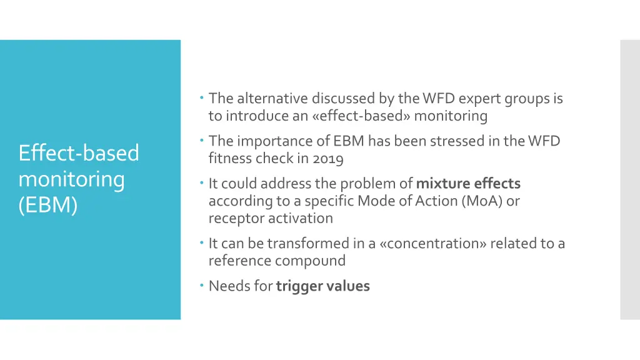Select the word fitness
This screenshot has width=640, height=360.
(x=229, y=159)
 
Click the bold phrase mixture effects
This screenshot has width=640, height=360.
(x=468, y=183)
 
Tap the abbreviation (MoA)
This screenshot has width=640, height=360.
(x=481, y=201)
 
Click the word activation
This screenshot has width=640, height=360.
(x=301, y=218)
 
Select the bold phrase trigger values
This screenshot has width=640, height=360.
(x=322, y=286)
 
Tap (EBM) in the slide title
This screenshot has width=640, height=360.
(x=48, y=205)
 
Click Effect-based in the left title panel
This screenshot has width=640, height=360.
(x=79, y=152)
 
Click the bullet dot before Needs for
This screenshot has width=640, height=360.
(x=203, y=286)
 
